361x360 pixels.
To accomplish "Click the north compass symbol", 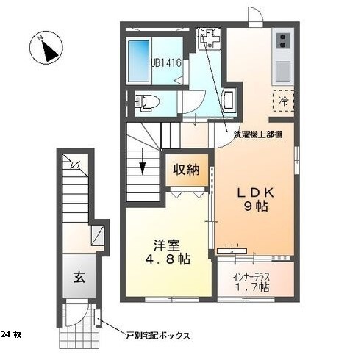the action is click(46, 48).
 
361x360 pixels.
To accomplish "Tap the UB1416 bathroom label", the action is click(166, 62).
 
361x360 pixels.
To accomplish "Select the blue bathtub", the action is click(139, 61).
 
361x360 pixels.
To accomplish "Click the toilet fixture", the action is click(147, 101).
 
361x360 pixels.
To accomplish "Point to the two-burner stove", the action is click(282, 41).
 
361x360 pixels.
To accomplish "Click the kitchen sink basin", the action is click(283, 71).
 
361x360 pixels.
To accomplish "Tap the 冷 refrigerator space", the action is click(283, 101).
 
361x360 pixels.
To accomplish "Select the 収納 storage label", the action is click(187, 170).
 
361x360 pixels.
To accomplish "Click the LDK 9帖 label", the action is click(255, 200).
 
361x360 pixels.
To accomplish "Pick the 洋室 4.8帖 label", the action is click(168, 252).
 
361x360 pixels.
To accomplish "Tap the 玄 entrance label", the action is click(79, 278).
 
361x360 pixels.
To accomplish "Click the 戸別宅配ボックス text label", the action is click(158, 335).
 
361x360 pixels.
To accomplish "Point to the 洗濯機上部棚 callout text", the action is click(258, 134).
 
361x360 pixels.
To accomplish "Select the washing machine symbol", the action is click(209, 39).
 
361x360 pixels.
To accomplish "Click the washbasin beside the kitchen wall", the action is click(229, 101).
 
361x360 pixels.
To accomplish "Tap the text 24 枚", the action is click(11, 334).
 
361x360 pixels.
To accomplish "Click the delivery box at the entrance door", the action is click(98, 317).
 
